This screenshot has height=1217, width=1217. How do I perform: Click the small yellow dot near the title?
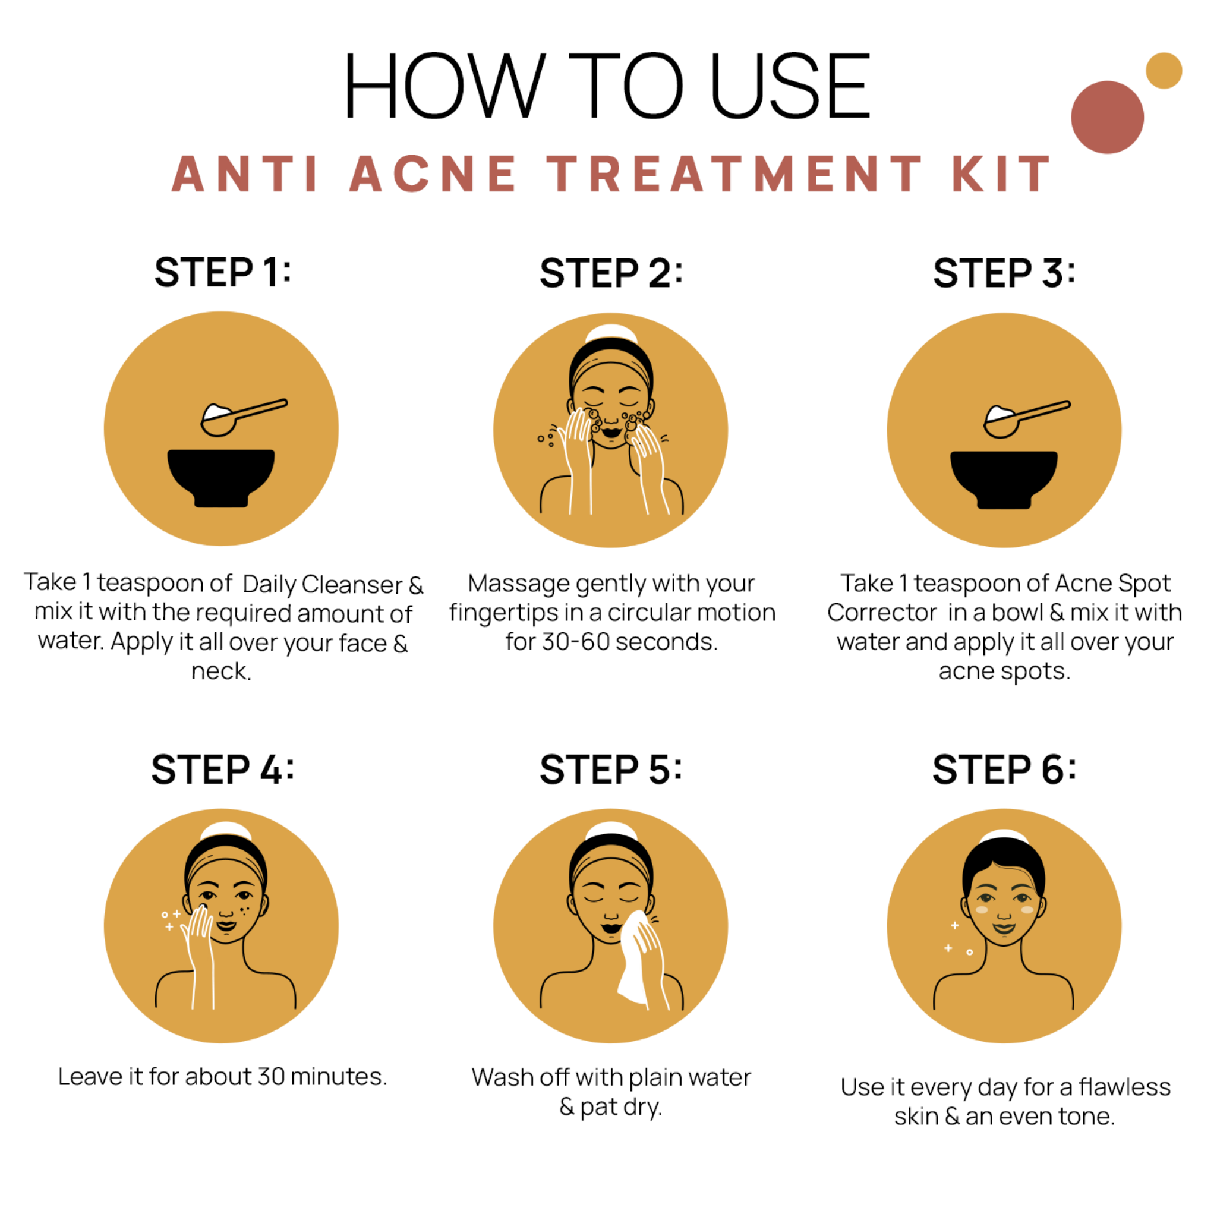click(x=1164, y=71)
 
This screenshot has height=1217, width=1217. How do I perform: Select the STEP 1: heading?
click(x=222, y=272)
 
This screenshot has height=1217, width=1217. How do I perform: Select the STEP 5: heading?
click(x=610, y=769)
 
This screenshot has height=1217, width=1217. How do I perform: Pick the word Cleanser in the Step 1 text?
click(x=352, y=585)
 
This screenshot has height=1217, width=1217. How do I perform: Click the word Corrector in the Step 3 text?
click(x=882, y=612)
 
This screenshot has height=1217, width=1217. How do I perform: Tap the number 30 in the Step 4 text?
click(x=271, y=1077)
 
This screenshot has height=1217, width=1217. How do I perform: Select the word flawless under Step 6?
click(x=1124, y=1087)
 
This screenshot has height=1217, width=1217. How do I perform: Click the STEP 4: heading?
click(x=222, y=769)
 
